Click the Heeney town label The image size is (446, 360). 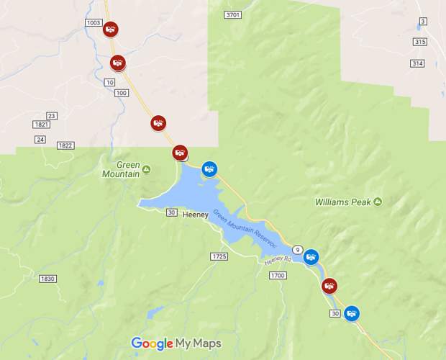[x=196, y=215]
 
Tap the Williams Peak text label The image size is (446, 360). [x=343, y=202]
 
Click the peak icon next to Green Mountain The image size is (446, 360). [x=147, y=169]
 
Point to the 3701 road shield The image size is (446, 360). [x=232, y=14]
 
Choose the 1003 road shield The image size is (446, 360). [x=94, y=23]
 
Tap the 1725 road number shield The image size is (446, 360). [x=219, y=256]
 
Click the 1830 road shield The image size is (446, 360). [x=47, y=279]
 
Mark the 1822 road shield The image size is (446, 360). [x=65, y=145]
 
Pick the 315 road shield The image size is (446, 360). [x=419, y=42]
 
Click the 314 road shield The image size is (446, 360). [x=417, y=63]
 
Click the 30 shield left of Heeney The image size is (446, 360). [x=171, y=212]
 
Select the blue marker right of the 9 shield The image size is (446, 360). [x=311, y=256]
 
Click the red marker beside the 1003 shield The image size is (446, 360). [x=111, y=30]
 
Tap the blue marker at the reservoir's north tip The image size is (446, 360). [x=209, y=169]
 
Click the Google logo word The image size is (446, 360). [x=152, y=343]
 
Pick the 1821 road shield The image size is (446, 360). [x=41, y=125]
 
